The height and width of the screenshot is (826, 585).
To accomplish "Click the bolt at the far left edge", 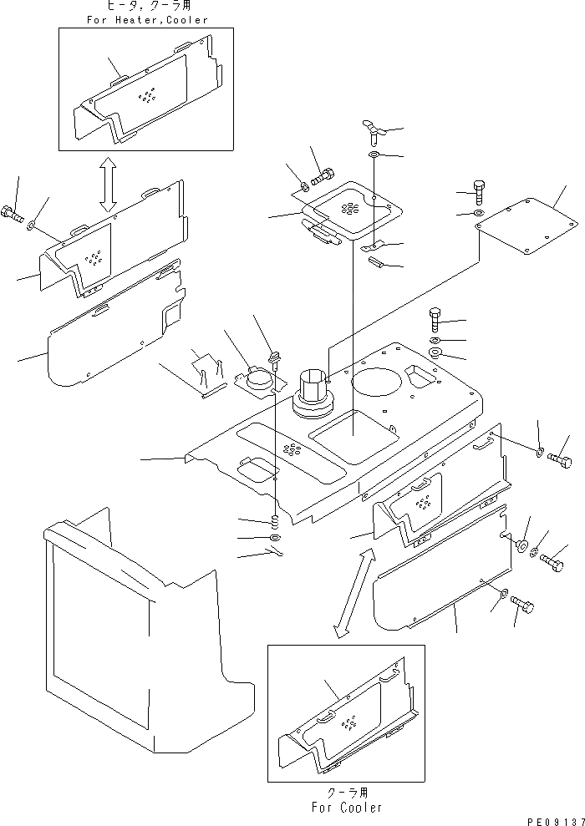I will [12, 212].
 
